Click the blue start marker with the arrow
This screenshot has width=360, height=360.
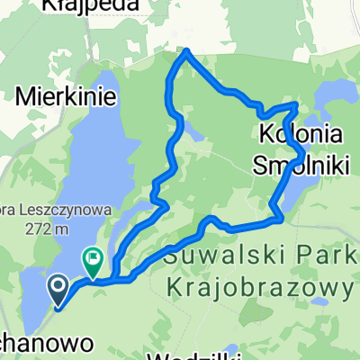[58, 289]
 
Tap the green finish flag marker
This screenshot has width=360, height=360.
[94, 261]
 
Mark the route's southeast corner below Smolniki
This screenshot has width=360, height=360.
[283, 218]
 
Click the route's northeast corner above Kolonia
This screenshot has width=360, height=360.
[296, 105]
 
